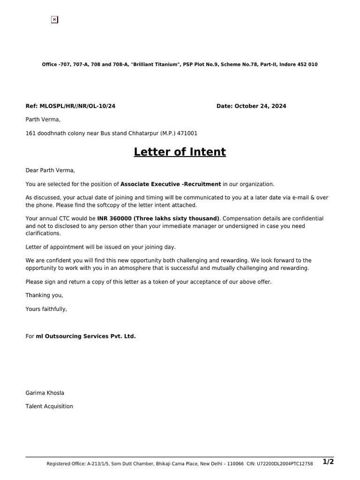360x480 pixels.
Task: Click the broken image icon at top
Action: pyautogui.click(x=54, y=20)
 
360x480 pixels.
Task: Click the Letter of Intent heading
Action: pyautogui.click(x=180, y=152)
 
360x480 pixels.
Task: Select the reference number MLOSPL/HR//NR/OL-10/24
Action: pyautogui.click(x=77, y=106)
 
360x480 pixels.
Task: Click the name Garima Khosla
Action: pyautogui.click(x=45, y=393)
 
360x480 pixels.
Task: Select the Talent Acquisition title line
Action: pyautogui.click(x=49, y=406)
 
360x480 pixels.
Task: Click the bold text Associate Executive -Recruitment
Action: pyautogui.click(x=171, y=184)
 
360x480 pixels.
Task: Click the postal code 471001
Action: pyautogui.click(x=187, y=133)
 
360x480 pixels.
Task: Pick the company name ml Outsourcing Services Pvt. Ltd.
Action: pyautogui.click(x=86, y=336)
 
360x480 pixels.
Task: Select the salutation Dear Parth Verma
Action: pyautogui.click(x=50, y=170)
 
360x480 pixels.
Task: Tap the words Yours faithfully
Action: pyautogui.click(x=46, y=309)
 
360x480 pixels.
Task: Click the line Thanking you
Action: pyautogui.click(x=44, y=295)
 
